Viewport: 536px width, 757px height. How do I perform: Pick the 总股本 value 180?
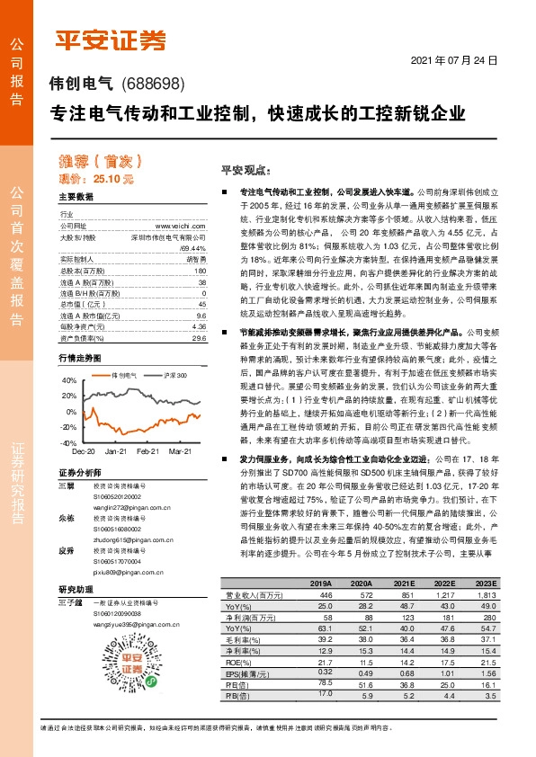click(201, 271)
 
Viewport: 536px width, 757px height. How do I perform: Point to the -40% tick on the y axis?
click(68, 443)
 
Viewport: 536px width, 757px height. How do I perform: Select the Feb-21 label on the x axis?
click(148, 451)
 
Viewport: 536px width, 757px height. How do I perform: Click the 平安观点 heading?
click(221, 170)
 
